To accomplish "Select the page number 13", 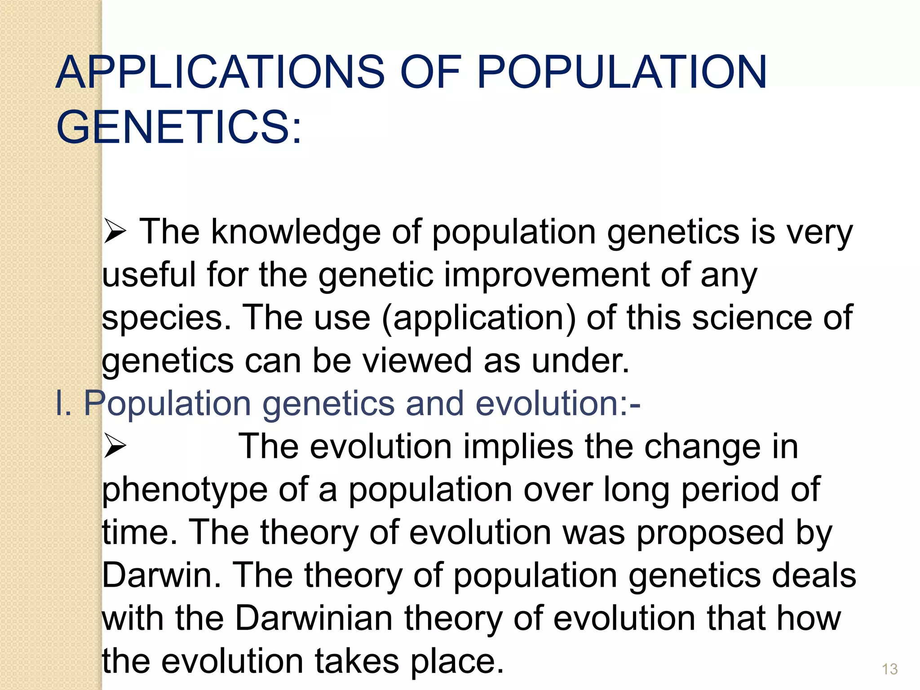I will [x=889, y=669].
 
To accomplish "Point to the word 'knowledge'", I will [x=296, y=232].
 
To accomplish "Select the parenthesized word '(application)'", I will [x=478, y=318].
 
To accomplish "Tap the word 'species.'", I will [x=166, y=318].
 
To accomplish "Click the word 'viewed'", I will [x=417, y=360].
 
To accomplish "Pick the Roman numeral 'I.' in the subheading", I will [x=63, y=403].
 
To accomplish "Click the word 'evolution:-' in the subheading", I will [x=557, y=403].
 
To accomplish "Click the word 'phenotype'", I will [x=185, y=490].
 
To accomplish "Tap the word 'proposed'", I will [x=710, y=533].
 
